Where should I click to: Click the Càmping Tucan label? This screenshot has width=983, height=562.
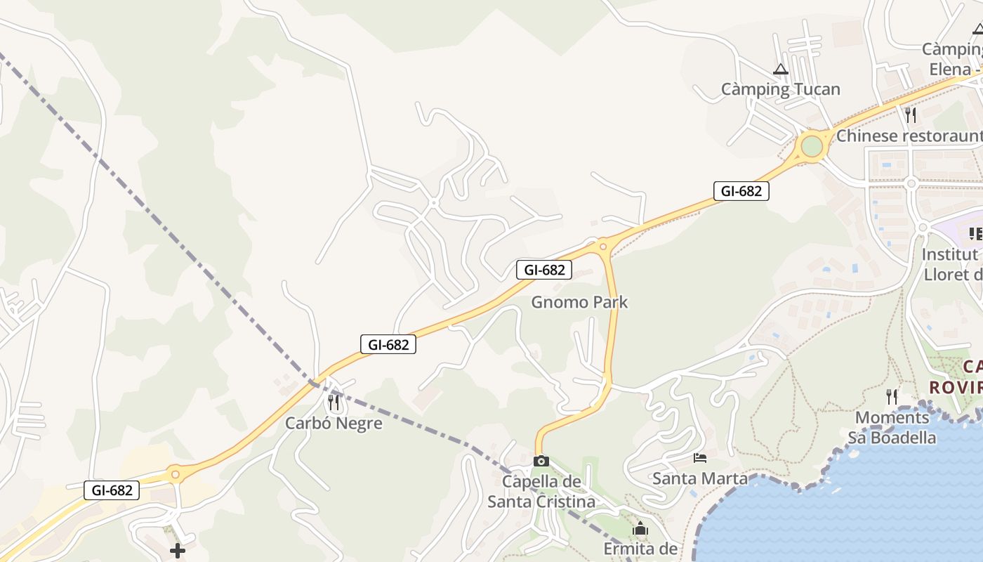click(x=780, y=89)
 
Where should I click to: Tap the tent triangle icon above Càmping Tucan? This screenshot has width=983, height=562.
click(x=780, y=70)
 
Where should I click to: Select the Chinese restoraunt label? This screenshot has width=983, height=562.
click(x=909, y=135)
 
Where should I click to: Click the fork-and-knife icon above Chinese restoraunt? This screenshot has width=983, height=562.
click(x=911, y=115)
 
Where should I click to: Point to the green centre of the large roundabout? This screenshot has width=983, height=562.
click(x=812, y=147)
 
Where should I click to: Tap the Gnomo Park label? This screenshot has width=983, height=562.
click(x=579, y=302)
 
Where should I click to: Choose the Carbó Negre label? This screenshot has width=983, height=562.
click(x=334, y=423)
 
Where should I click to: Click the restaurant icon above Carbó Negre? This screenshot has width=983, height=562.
click(x=334, y=403)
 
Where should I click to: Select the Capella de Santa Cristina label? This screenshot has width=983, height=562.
click(x=541, y=492)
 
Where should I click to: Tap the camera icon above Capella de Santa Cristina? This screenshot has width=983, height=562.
click(x=541, y=462)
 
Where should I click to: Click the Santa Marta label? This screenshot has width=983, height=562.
click(x=700, y=478)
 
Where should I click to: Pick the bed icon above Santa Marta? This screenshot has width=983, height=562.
click(x=699, y=458)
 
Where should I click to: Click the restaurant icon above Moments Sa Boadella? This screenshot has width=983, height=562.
click(x=892, y=397)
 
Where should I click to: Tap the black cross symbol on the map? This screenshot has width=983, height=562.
click(x=178, y=551)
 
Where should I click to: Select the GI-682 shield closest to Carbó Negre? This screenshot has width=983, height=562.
click(x=388, y=344)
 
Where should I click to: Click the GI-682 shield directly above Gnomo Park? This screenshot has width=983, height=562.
click(x=544, y=269)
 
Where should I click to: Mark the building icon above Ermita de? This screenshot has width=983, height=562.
click(x=640, y=528)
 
